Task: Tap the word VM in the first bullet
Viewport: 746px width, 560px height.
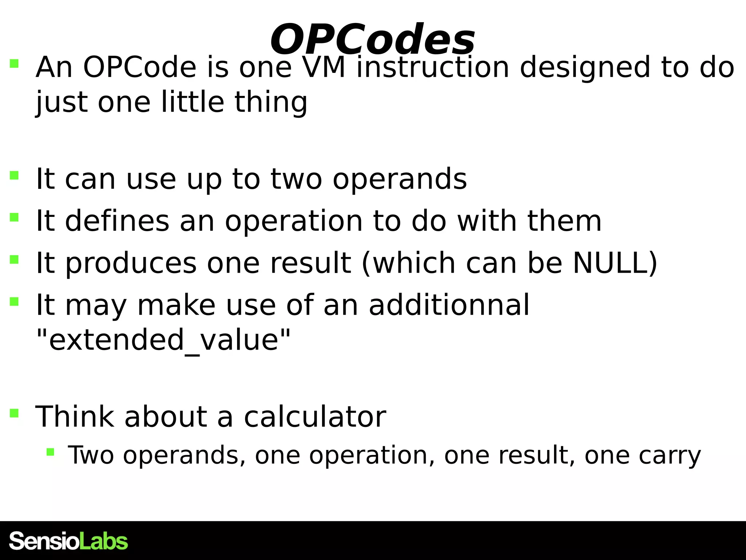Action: pyautogui.click(x=324, y=67)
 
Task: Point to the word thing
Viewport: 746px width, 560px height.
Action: pyautogui.click(x=271, y=103)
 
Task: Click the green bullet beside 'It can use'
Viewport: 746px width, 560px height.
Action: pyautogui.click(x=14, y=175)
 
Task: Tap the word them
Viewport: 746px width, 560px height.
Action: pyautogui.click(x=564, y=221)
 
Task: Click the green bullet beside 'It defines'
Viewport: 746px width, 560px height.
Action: pyautogui.click(x=14, y=217)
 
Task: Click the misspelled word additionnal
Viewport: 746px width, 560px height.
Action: pyautogui.click(x=449, y=305)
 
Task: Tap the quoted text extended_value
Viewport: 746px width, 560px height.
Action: pyautogui.click(x=164, y=340)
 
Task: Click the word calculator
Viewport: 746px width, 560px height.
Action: pyautogui.click(x=315, y=417)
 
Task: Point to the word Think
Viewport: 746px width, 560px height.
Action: pyautogui.click(x=75, y=417)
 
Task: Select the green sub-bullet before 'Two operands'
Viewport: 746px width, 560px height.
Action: pyautogui.click(x=50, y=452)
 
